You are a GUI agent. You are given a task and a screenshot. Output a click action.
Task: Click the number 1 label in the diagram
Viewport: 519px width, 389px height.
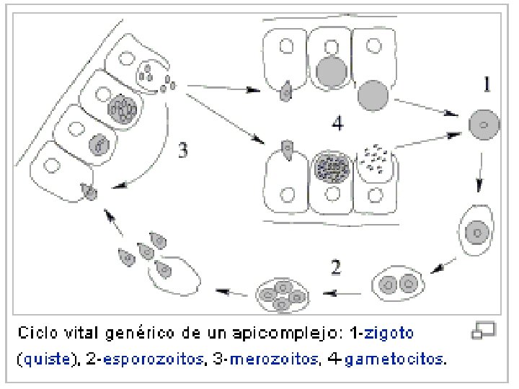tap(487, 86)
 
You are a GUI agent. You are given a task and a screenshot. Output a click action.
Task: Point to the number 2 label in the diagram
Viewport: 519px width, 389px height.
tap(336, 268)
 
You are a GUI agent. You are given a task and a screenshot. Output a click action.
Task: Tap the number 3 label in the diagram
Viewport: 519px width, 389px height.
tap(183, 151)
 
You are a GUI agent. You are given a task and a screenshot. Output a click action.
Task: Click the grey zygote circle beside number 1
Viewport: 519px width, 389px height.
tap(482, 125)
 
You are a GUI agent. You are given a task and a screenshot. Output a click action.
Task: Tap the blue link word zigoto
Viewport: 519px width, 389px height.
tap(389, 334)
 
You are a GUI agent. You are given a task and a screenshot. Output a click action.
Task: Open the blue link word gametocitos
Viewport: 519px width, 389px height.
tap(394, 358)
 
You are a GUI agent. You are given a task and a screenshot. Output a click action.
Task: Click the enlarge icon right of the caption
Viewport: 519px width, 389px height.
tap(482, 332)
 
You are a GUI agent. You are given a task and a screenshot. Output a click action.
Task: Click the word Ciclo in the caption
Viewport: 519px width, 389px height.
tap(35, 334)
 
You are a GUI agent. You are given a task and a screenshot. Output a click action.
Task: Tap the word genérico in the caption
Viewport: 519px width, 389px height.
tap(138, 334)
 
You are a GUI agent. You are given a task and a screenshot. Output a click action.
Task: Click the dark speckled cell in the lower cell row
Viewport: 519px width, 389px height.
tap(332, 169)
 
